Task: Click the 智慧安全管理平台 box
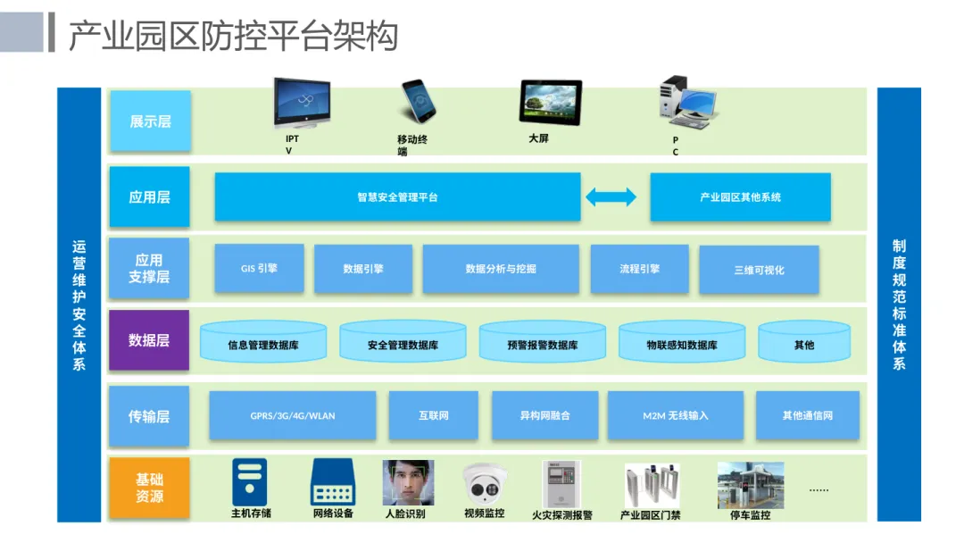click(x=397, y=196)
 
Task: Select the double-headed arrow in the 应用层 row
click(x=611, y=196)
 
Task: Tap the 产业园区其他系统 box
click(x=740, y=196)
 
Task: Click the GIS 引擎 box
click(x=259, y=268)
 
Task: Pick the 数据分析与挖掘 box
click(x=501, y=269)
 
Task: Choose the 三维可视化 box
click(x=759, y=270)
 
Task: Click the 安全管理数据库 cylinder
click(x=403, y=341)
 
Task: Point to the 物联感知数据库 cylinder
click(x=682, y=341)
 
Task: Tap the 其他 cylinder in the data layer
click(x=804, y=341)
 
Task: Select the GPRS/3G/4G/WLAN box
click(x=293, y=415)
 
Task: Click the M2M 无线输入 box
click(x=676, y=415)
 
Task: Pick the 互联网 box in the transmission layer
click(x=434, y=415)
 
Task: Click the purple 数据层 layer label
click(x=149, y=340)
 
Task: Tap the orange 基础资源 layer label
click(x=149, y=488)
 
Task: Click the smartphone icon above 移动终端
click(x=418, y=102)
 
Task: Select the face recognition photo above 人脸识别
click(x=408, y=483)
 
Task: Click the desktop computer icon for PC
click(x=686, y=102)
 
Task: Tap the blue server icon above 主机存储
click(x=250, y=482)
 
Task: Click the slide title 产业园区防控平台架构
click(x=233, y=36)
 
